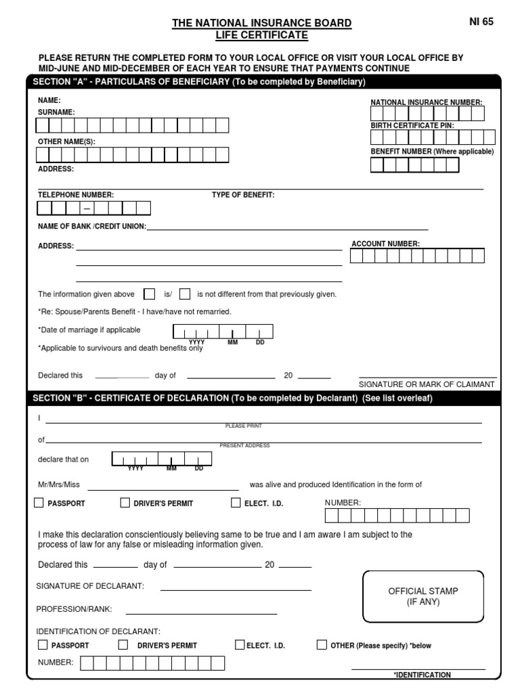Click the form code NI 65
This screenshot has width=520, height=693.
pos(481,22)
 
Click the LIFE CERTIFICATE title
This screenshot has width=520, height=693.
pos(262,35)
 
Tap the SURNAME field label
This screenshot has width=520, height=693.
pos(56,112)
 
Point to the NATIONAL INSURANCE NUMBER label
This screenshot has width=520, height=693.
pos(427,102)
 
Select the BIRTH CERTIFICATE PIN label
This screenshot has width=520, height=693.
pos(412,126)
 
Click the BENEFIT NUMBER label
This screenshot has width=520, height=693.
pos(432,152)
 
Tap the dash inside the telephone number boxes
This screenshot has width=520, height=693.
pos(87,208)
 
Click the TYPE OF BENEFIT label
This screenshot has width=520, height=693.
pos(243,195)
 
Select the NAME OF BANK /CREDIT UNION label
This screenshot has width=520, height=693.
pos(91,227)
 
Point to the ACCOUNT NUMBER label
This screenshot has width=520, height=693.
pos(385,244)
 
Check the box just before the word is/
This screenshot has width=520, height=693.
pos(150,294)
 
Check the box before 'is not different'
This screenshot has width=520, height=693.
pos(184,294)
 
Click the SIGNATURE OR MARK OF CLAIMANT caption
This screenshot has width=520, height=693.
pos(427,384)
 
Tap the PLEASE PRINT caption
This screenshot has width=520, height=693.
pos(243,426)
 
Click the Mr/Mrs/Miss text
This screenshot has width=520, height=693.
pos(59,485)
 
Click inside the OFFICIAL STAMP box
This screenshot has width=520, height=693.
pos(423,596)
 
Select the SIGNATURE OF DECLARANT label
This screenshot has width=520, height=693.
pos(90,585)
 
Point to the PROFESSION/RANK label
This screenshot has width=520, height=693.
pos(74,609)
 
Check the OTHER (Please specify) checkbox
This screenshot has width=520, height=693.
pos(322,645)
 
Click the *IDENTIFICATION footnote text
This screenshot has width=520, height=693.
pos(422,675)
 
